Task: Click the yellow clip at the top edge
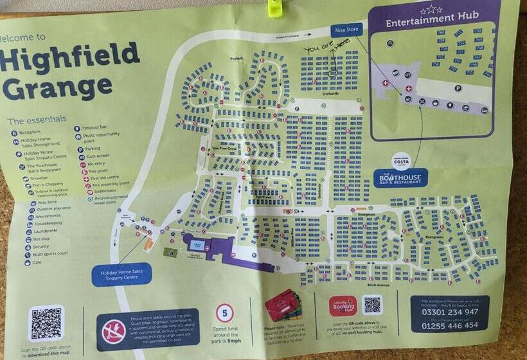(275, 7)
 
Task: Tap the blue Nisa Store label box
(347, 30)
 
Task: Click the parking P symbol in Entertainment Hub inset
(458, 88)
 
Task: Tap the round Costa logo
(402, 160)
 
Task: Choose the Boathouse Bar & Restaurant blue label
(400, 178)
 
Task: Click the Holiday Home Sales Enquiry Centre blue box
(121, 274)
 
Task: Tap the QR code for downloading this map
(46, 323)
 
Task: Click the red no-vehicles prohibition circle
(114, 330)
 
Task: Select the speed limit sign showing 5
(224, 314)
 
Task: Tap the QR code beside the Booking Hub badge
(372, 304)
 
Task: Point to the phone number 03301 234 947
(449, 312)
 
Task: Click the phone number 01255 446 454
(449, 326)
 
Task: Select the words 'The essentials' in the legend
(37, 120)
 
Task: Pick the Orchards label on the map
(330, 93)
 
